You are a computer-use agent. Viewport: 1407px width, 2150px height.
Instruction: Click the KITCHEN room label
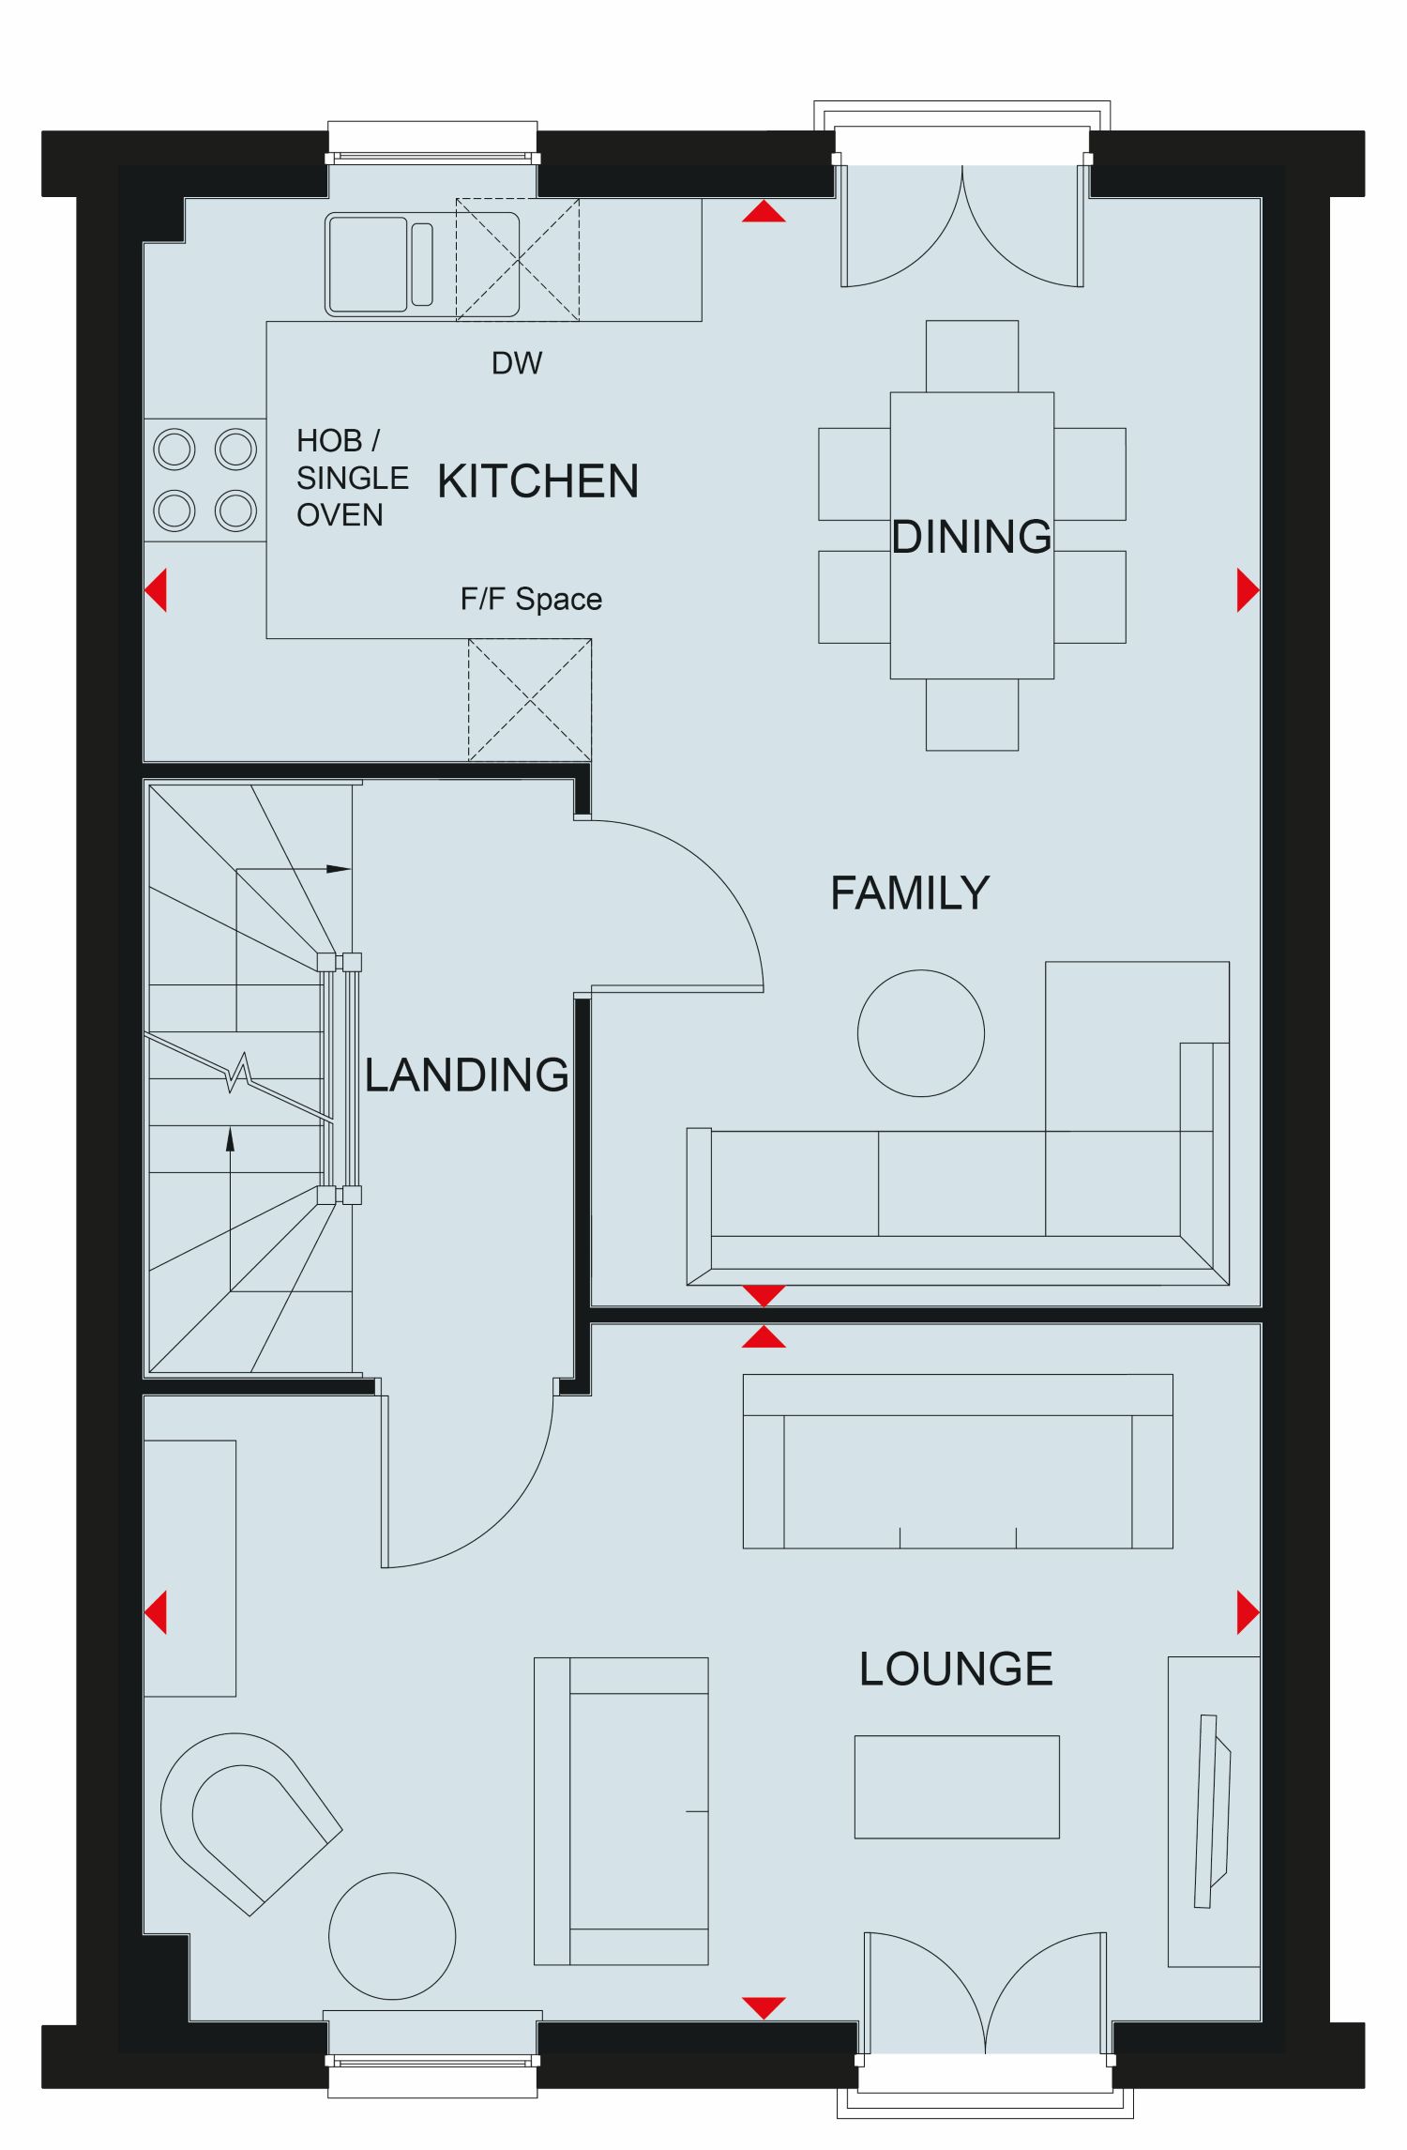[x=537, y=481]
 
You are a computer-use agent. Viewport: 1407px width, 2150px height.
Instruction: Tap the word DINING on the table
[x=972, y=537]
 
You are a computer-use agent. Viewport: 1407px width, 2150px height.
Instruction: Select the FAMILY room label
[x=910, y=892]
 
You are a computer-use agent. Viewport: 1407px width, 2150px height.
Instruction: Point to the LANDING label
[x=466, y=1075]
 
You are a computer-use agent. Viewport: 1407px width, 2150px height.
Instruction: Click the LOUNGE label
[x=956, y=1669]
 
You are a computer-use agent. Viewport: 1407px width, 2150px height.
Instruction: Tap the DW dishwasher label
[x=517, y=363]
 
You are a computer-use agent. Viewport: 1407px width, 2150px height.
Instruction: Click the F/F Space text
[x=531, y=599]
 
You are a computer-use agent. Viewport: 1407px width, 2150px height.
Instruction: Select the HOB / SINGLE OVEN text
[x=353, y=478]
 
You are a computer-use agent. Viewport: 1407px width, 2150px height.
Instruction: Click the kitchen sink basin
[x=368, y=264]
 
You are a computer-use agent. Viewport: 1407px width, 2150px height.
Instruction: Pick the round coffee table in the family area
[x=921, y=1033]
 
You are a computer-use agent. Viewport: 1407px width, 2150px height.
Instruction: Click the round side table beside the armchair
[x=392, y=1936]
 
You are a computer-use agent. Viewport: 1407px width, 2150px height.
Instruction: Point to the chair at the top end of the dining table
[x=972, y=356]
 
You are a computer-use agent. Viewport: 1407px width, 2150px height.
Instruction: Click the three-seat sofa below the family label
[x=958, y=1205]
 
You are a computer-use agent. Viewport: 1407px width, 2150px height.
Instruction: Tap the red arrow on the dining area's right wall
[x=1248, y=590]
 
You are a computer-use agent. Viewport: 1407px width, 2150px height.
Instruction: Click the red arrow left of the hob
[x=156, y=590]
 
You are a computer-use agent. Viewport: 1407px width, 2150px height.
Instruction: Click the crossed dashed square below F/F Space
[x=530, y=700]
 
